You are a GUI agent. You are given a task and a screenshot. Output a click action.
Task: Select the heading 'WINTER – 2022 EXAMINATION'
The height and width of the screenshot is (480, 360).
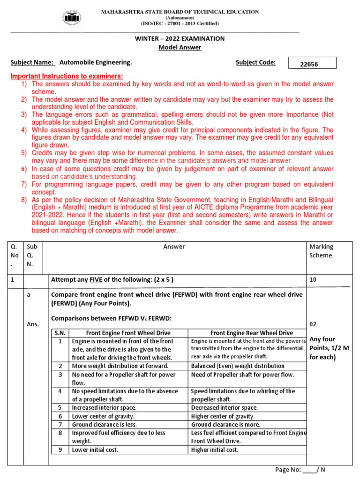[180, 38]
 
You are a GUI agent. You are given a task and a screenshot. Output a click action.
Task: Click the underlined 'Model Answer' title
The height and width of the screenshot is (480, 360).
[180, 47]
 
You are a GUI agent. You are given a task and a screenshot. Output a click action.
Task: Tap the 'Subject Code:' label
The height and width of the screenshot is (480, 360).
[255, 62]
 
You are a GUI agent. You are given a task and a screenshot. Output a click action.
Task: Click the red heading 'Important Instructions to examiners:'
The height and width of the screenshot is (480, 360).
[67, 76]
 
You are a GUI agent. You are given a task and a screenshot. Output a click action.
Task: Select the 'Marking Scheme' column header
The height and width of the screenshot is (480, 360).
[321, 251]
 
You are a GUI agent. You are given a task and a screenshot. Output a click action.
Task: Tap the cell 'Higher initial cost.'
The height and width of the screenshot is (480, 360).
[215, 450]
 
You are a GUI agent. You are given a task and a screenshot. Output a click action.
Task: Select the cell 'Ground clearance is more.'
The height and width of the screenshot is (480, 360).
[223, 424]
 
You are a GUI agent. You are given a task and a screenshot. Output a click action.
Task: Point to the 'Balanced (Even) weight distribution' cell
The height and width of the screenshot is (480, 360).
[238, 366]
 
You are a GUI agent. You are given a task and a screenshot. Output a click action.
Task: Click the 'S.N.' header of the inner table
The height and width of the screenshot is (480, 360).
[60, 333]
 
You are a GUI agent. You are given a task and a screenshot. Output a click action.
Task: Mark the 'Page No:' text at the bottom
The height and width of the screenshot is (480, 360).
[288, 470]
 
